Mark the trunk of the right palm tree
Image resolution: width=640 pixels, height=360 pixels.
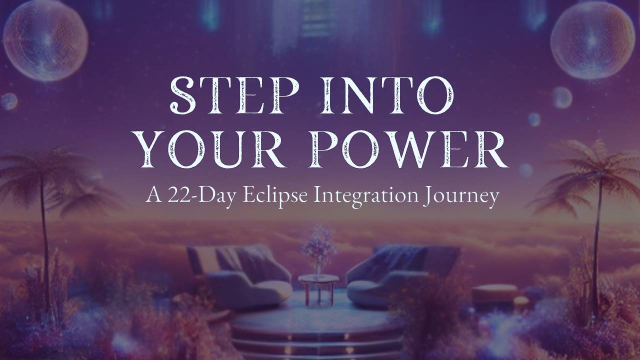point(596,250)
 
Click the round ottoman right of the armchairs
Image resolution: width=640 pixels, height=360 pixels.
point(495,295)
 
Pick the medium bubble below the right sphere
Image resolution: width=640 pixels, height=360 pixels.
point(562,97)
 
